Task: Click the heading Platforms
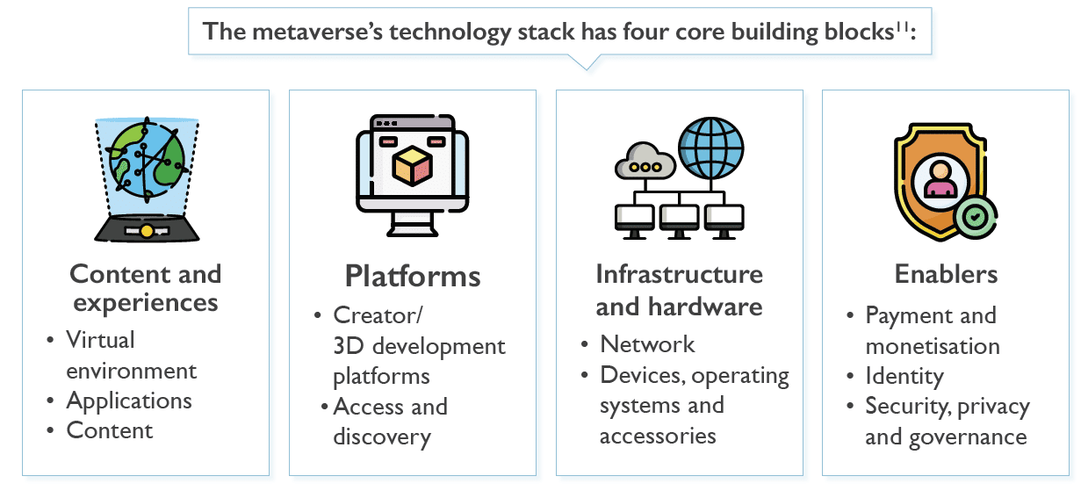point(413,277)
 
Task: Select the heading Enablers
point(946,274)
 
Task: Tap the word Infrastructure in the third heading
point(679,274)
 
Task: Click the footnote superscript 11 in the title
point(902,27)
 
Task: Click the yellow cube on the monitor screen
point(413,166)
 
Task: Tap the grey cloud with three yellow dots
point(645,161)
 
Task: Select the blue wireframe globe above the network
point(710,148)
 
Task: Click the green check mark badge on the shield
point(976,217)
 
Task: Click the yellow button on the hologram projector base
point(147,231)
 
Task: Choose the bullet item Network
point(647,344)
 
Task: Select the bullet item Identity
point(904,376)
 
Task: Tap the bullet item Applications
point(129,401)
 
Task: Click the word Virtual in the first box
point(100,340)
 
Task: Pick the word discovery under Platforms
point(382,437)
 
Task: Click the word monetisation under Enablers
point(933,346)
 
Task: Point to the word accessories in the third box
point(658,437)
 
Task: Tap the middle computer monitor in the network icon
point(679,221)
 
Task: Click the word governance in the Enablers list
point(968,437)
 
